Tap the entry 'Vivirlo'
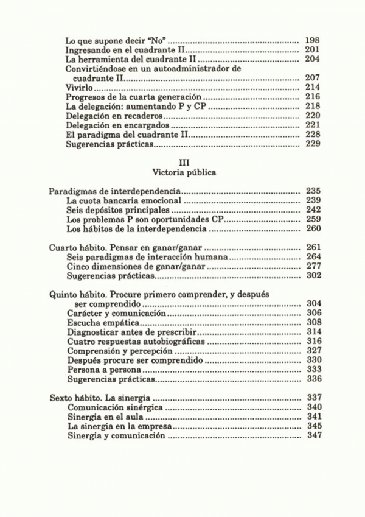coord(78,88)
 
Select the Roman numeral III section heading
coord(184,162)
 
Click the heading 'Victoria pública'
coord(184,172)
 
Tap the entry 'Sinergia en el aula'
coord(106,417)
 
